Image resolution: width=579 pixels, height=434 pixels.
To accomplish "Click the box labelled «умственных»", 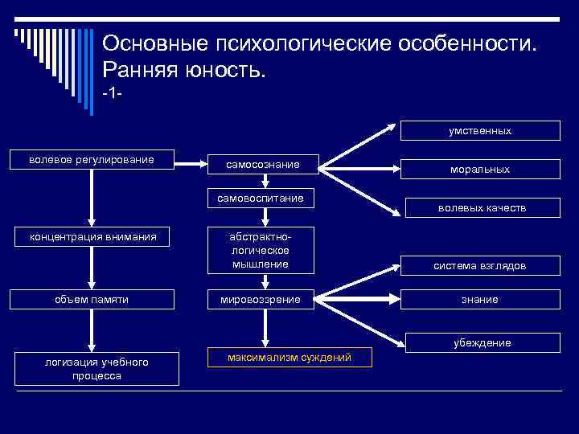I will click(x=481, y=130).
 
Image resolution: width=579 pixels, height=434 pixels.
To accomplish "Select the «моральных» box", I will click(x=481, y=169).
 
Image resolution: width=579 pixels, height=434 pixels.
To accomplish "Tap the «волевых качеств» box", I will click(x=481, y=207).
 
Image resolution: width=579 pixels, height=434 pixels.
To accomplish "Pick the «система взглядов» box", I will click(x=481, y=264).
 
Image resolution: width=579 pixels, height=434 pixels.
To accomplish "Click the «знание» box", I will click(x=481, y=299).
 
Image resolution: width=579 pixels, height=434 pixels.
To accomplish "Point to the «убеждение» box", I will click(x=481, y=342).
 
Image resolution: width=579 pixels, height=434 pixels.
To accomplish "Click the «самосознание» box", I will click(x=263, y=164).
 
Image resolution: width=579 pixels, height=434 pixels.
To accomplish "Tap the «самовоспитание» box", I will click(x=263, y=198).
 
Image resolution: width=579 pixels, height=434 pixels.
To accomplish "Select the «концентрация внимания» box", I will click(x=92, y=236).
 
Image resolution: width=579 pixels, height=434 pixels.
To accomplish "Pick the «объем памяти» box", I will click(x=92, y=299).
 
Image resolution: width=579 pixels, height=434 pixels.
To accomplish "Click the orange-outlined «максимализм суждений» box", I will click(x=289, y=357).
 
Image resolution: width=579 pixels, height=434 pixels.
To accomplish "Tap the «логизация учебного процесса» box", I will click(x=96, y=368).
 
